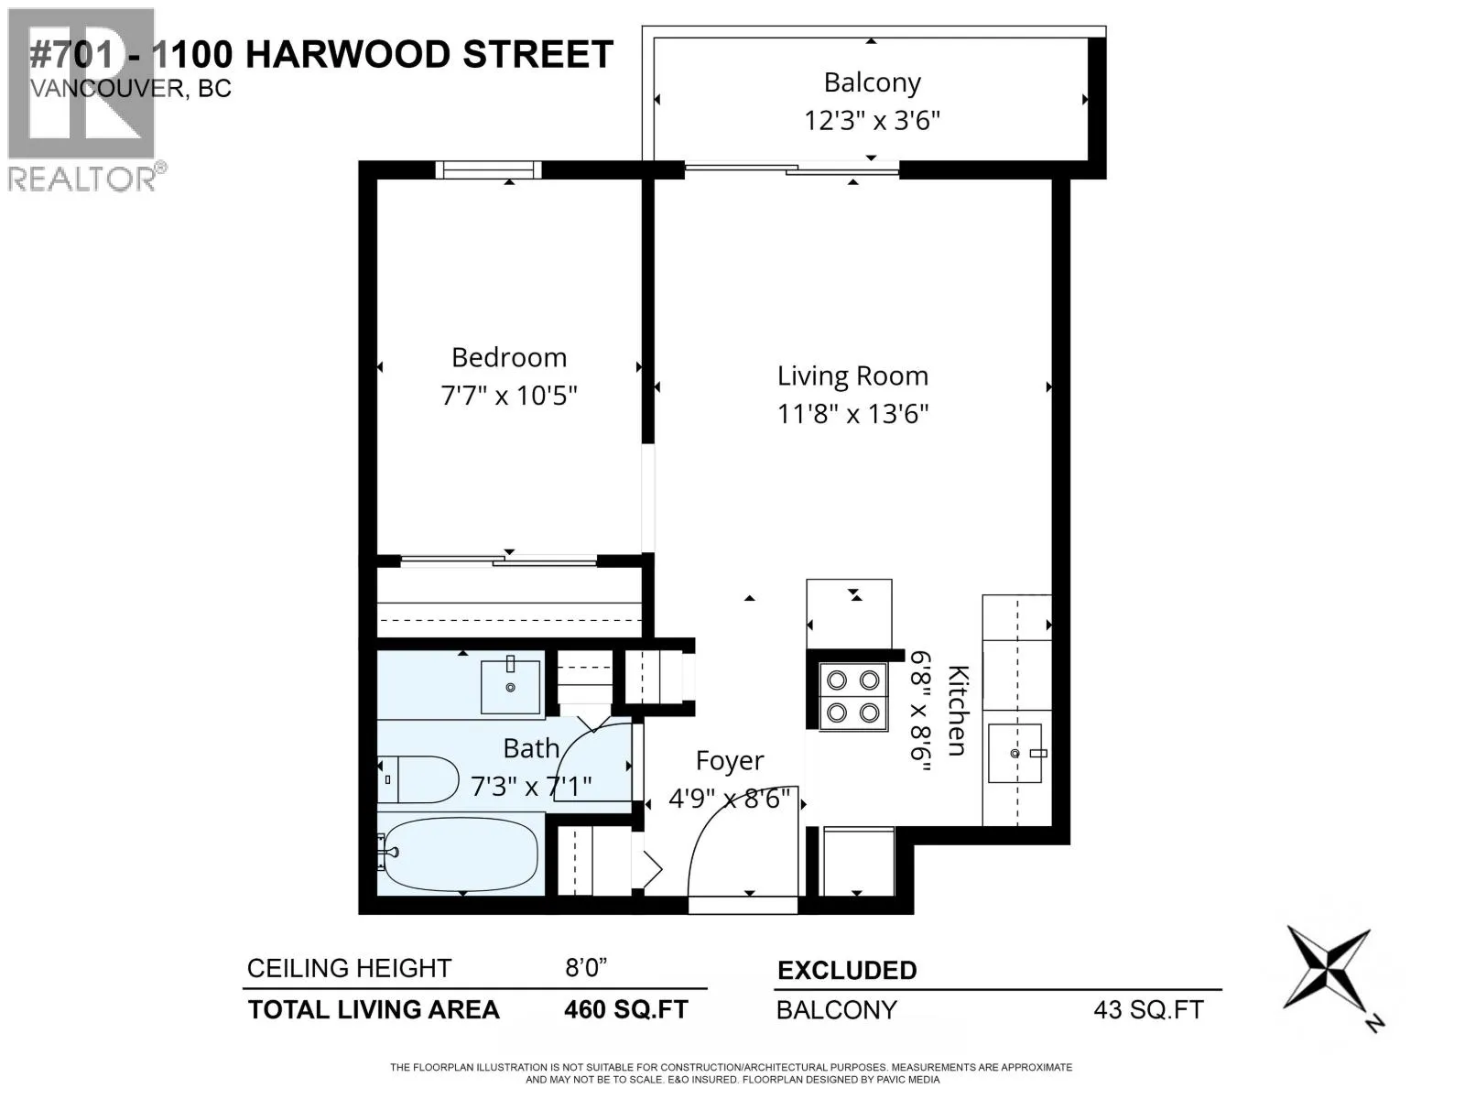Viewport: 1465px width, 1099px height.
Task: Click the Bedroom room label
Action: click(508, 358)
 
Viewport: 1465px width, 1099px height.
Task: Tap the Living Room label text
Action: click(852, 376)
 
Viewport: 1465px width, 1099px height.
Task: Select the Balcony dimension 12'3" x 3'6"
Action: click(872, 122)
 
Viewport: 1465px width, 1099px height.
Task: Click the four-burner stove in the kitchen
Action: click(853, 697)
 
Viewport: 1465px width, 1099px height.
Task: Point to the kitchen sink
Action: click(1015, 754)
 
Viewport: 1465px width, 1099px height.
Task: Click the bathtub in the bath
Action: click(460, 854)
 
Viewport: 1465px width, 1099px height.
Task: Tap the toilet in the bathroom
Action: click(418, 779)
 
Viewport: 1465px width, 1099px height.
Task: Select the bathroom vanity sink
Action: click(511, 687)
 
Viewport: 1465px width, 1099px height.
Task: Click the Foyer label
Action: click(730, 761)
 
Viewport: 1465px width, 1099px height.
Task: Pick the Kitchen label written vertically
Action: click(957, 710)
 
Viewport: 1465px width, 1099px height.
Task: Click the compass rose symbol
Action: click(1328, 969)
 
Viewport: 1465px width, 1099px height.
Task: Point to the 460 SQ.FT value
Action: click(626, 1009)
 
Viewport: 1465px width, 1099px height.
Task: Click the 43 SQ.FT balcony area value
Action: click(1148, 1010)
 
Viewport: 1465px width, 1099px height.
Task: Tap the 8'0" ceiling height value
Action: click(586, 967)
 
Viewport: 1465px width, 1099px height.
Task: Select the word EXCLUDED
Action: click(848, 970)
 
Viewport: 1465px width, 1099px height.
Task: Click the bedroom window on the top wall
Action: click(489, 169)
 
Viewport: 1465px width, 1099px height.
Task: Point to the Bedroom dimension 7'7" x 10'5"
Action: click(508, 396)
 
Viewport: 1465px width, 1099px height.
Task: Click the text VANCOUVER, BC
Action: click(131, 88)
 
